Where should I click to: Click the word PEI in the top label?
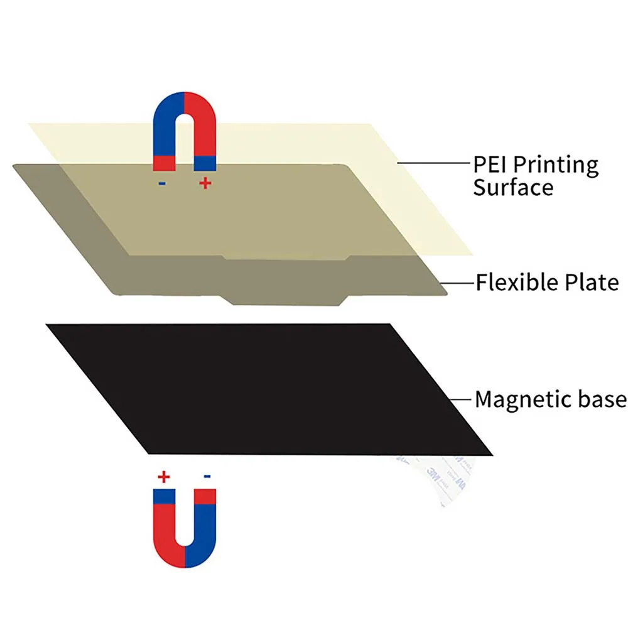490,165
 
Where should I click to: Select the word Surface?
513,187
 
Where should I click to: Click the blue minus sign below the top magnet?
163,184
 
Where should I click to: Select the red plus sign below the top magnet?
205,183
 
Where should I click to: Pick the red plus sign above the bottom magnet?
164,477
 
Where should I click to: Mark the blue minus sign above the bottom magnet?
207,477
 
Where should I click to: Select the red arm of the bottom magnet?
165,528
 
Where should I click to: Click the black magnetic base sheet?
270,386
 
